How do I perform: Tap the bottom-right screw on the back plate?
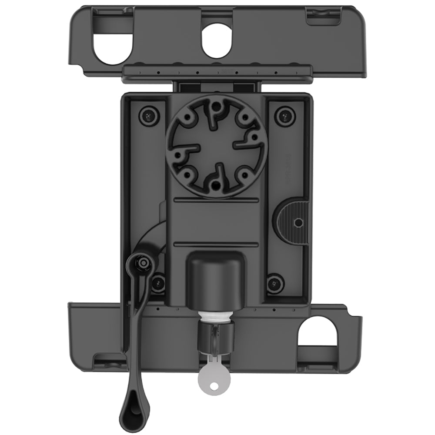(275, 284)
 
